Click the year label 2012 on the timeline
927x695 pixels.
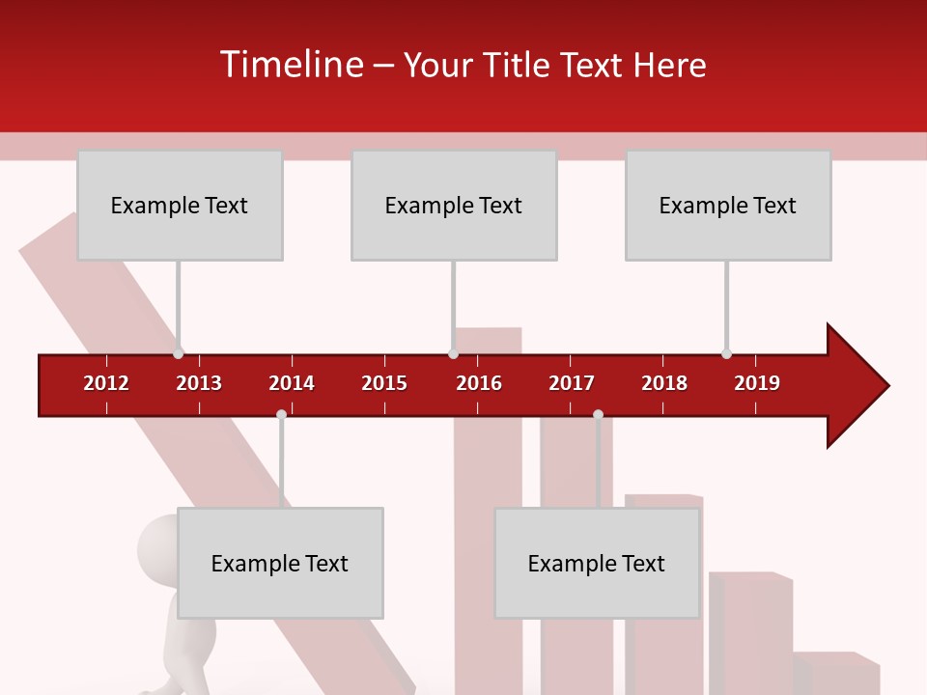pyautogui.click(x=106, y=383)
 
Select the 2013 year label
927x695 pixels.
pyautogui.click(x=199, y=383)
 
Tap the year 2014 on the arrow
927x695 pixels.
pyautogui.click(x=292, y=383)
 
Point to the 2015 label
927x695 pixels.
pyautogui.click(x=384, y=383)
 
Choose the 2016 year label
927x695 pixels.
pyautogui.click(x=479, y=383)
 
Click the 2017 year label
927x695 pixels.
pyautogui.click(x=572, y=383)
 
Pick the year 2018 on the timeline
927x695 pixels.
pyautogui.click(x=664, y=383)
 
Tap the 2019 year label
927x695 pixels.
pyautogui.click(x=757, y=383)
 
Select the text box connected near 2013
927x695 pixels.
pyautogui.click(x=180, y=206)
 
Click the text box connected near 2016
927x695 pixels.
pyautogui.click(x=454, y=206)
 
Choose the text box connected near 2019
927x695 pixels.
pyautogui.click(x=728, y=206)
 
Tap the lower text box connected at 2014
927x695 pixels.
pyautogui.click(x=280, y=564)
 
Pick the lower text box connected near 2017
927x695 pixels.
pyautogui.click(x=597, y=564)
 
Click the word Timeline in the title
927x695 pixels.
pyautogui.click(x=291, y=65)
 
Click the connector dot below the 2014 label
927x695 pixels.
pyautogui.click(x=281, y=415)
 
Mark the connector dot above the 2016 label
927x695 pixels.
pyautogui.click(x=453, y=353)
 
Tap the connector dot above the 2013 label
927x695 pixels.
pyautogui.click(x=178, y=353)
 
